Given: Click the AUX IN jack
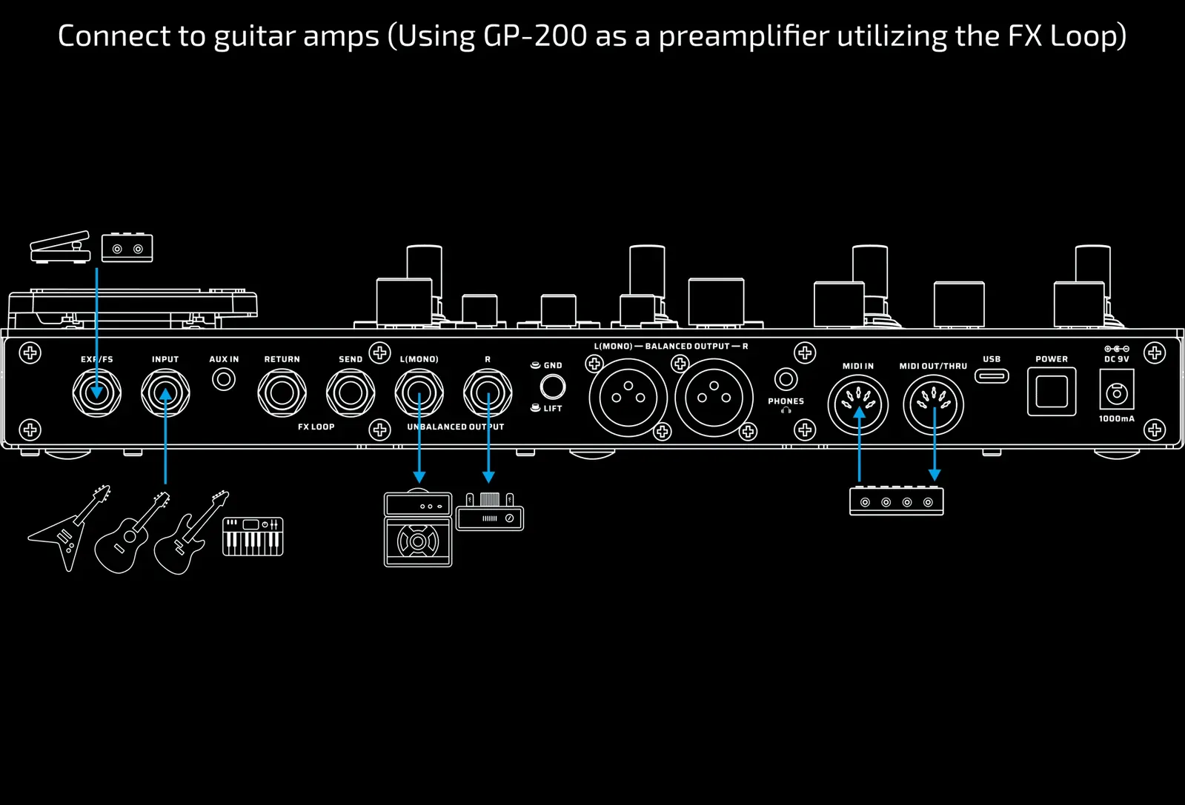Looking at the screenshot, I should (x=223, y=380).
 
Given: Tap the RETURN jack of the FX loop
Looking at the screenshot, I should (x=282, y=393).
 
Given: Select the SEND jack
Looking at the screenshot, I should (x=351, y=393).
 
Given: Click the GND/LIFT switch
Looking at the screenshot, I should (x=552, y=387).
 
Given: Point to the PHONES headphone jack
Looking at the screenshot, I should (x=786, y=379).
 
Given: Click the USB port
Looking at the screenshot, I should (x=992, y=376).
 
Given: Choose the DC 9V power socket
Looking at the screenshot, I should (x=1116, y=393).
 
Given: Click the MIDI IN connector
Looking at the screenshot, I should (x=857, y=404).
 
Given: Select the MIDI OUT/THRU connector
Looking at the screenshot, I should (x=933, y=404).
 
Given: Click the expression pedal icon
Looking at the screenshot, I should (x=60, y=247).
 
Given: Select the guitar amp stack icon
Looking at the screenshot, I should (x=418, y=530).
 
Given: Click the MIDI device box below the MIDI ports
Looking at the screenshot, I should (x=896, y=501).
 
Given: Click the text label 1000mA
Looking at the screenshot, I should (x=1116, y=419).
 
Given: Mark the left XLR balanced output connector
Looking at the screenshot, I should (x=628, y=398).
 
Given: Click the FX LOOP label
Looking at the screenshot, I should (x=316, y=427).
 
